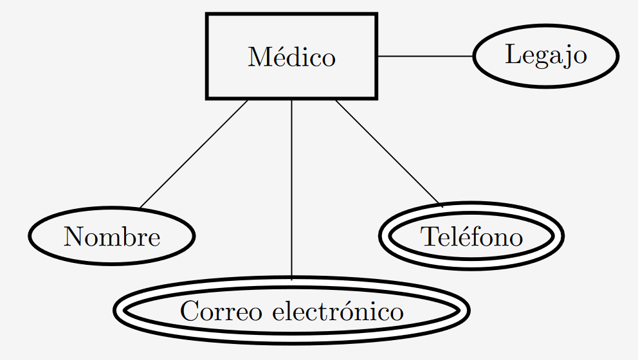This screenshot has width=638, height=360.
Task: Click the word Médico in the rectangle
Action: tap(291, 57)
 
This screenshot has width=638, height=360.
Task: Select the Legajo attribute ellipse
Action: tap(545, 55)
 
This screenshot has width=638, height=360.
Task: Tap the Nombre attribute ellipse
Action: tap(111, 237)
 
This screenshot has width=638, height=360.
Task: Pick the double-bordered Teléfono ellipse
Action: tap(471, 237)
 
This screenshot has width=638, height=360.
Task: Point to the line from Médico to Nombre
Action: tap(193, 154)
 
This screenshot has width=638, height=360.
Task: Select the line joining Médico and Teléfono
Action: tap(388, 153)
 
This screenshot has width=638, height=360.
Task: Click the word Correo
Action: tap(221, 312)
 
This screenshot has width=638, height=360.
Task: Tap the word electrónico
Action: tap(338, 312)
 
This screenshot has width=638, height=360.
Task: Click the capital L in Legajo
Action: tap(512, 55)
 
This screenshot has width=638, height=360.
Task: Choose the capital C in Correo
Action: tap(189, 312)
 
